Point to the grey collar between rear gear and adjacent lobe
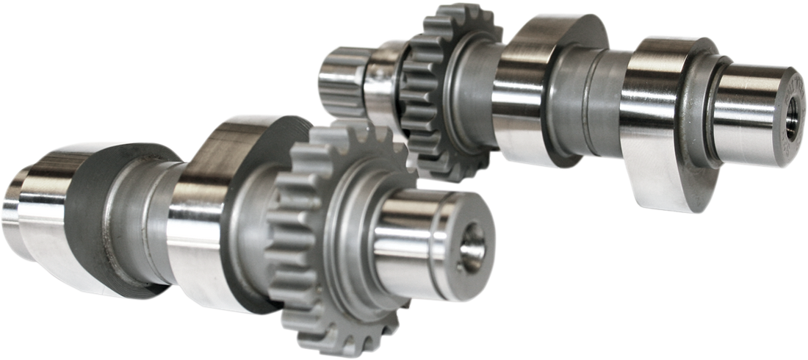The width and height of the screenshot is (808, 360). coord(477,96)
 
